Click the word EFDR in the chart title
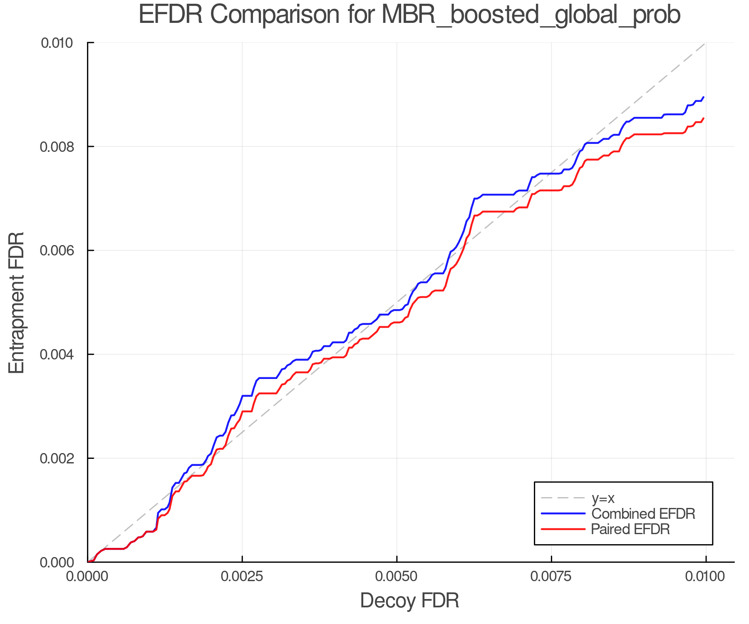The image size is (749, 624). click(x=171, y=15)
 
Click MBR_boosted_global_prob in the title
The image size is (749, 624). click(x=531, y=15)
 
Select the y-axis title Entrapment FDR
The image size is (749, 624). click(x=17, y=303)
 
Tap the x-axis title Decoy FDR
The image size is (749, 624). click(x=409, y=601)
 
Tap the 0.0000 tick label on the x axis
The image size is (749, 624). click(x=88, y=577)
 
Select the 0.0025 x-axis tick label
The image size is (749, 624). click(x=242, y=577)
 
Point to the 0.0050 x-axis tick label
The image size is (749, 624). click(x=397, y=577)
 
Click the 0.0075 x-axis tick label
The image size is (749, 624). click(x=551, y=577)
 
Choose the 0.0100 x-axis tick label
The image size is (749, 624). click(x=706, y=577)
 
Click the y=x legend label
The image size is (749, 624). click(x=603, y=498)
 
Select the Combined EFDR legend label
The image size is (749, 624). click(x=643, y=514)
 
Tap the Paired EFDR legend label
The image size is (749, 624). click(x=630, y=529)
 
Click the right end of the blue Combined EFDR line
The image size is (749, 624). click(x=703, y=97)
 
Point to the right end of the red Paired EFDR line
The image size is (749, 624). click(x=703, y=119)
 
